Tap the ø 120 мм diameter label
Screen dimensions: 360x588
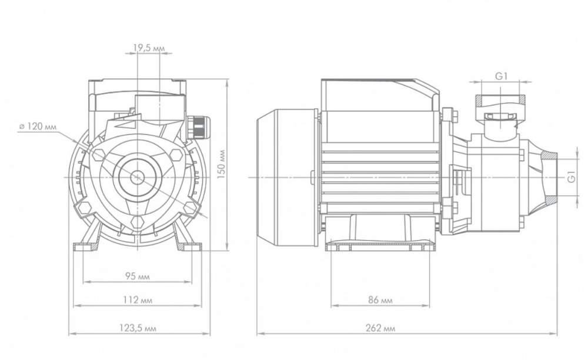tap(37, 126)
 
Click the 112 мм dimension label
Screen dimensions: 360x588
tap(139, 300)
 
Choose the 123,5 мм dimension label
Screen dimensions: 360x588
tap(140, 328)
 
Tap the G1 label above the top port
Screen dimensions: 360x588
tap(501, 76)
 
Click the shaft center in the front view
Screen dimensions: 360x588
tap(137, 176)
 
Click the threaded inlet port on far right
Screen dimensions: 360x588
tap(546, 176)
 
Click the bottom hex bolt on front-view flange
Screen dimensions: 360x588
tap(138, 222)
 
